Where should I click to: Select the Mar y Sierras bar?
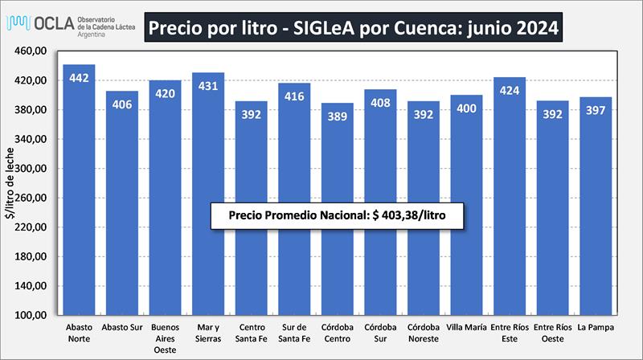click(208, 194)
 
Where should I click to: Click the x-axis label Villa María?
click(466, 327)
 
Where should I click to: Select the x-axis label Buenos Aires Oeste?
click(165, 338)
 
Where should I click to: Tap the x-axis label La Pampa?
click(596, 327)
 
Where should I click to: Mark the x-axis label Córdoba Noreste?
click(424, 333)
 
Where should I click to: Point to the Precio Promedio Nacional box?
click(338, 215)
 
